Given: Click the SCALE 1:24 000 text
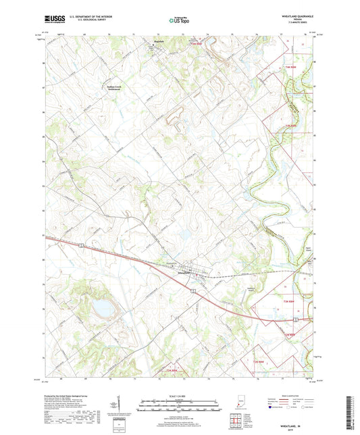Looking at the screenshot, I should tap(179, 396).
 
